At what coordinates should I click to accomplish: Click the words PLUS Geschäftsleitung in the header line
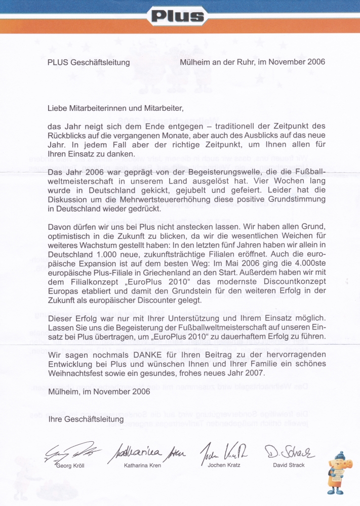click(89, 63)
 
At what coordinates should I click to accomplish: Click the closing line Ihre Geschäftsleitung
click(86, 420)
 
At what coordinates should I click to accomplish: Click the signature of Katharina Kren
click(144, 450)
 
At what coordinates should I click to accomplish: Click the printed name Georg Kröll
click(70, 466)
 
